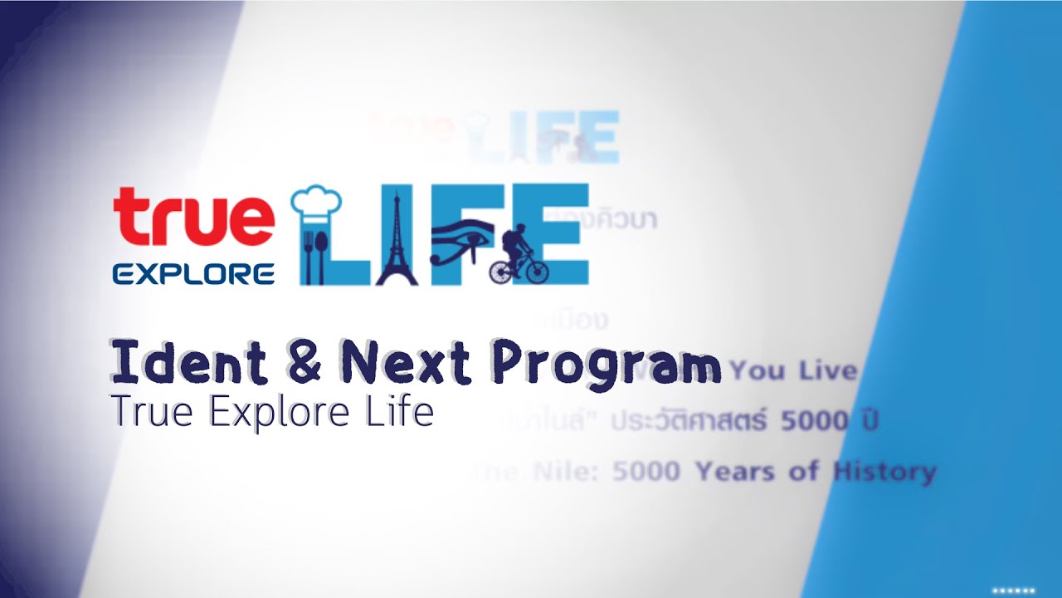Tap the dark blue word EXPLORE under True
[x=193, y=274]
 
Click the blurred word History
[x=884, y=473]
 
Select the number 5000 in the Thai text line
[x=815, y=422]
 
